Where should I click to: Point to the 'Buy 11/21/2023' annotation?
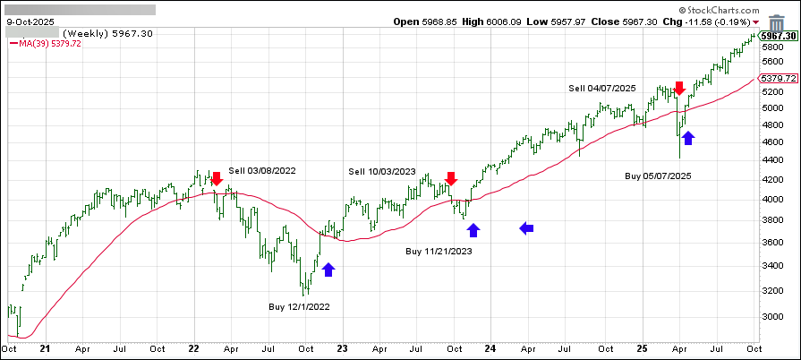(x=439, y=252)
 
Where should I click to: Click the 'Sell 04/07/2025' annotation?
(x=602, y=88)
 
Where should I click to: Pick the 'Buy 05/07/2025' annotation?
(x=658, y=176)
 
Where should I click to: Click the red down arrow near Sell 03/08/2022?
(x=216, y=178)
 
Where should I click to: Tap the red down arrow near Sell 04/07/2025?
(x=679, y=88)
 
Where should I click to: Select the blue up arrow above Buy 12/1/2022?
(x=328, y=270)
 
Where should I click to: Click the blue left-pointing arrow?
(x=527, y=228)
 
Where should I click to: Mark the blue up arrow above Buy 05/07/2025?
(x=688, y=138)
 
